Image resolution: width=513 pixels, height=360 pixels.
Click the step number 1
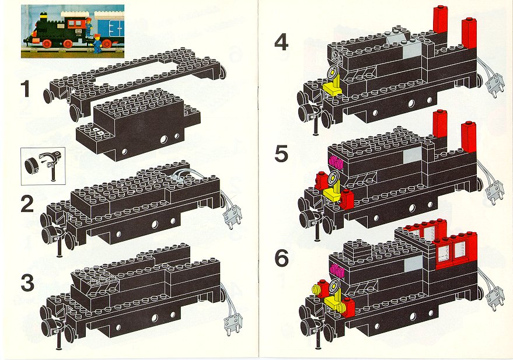pos(25,89)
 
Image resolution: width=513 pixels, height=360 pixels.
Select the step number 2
pos(27,204)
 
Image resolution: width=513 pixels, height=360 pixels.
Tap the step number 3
pos(27,283)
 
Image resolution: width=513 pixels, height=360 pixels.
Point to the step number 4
pos(281,43)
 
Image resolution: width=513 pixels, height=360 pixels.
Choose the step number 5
pos(281,154)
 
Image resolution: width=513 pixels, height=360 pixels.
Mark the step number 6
pos(282,258)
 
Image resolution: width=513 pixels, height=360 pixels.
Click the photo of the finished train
pos(72,32)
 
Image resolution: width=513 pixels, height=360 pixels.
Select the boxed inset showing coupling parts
pos(43,166)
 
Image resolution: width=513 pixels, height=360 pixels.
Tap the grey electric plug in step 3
pos(233,324)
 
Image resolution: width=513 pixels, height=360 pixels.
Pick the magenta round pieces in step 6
pos(336,270)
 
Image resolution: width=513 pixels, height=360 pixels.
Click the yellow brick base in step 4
pos(333,89)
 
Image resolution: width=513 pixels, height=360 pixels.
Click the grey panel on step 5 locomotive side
pos(412,155)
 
